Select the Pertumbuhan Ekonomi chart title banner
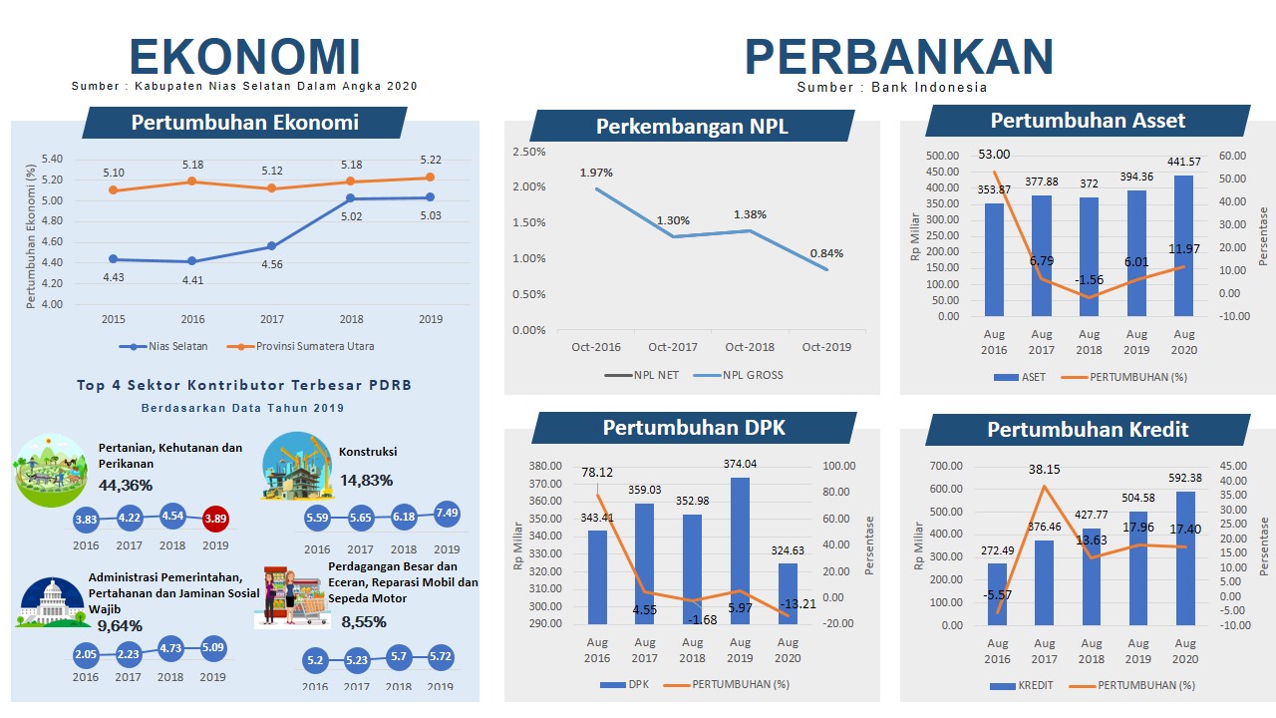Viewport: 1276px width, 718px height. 244,123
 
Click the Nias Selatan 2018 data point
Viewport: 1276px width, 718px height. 351,198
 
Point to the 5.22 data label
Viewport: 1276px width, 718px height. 431,160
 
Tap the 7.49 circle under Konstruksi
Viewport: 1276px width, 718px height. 447,513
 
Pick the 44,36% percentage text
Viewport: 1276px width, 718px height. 126,486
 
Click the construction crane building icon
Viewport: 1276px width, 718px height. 296,467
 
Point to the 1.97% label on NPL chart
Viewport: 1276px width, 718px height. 596,173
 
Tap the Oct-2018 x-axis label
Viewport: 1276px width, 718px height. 750,347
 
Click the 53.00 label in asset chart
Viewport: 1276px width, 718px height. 993,155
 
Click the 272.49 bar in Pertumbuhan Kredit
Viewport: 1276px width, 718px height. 997,594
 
